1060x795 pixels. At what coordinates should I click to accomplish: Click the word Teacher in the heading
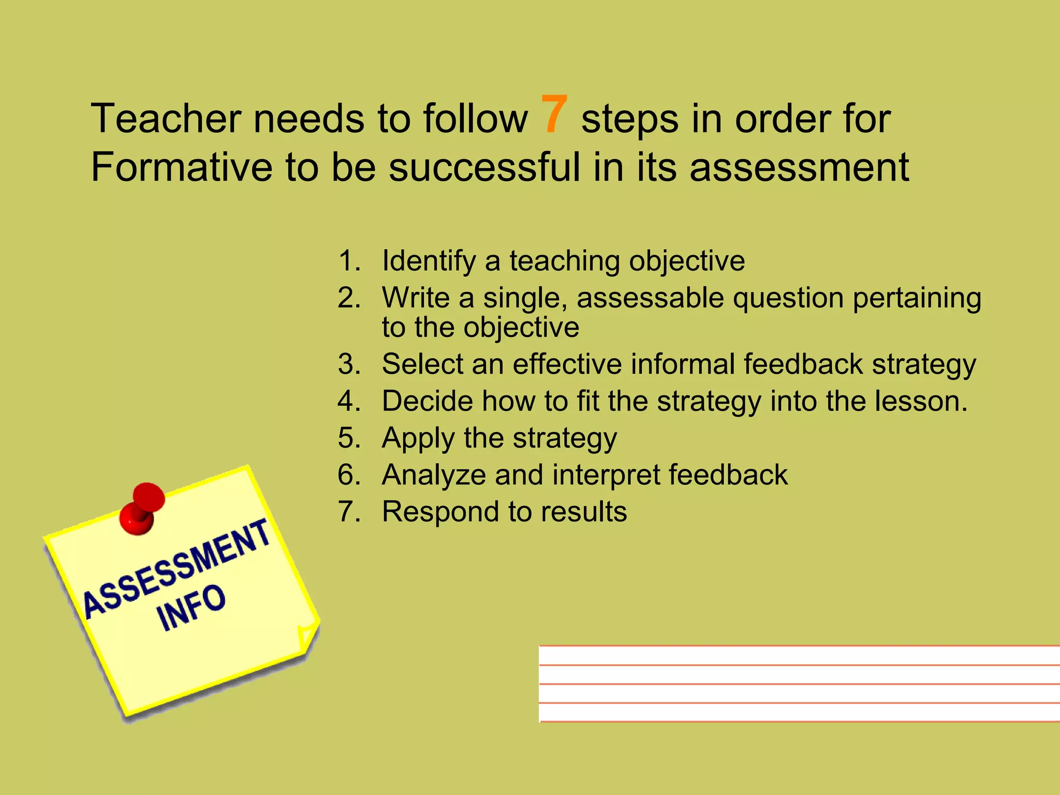pyautogui.click(x=166, y=119)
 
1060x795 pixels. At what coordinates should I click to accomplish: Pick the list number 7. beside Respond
pyautogui.click(x=349, y=512)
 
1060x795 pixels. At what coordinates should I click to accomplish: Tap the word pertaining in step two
pyautogui.click(x=917, y=299)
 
